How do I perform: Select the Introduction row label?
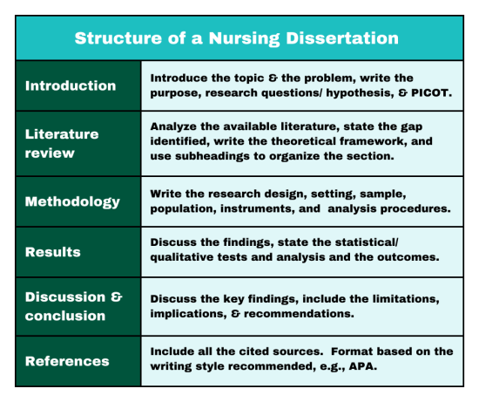pos(70,85)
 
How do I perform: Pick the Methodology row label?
pos(72,201)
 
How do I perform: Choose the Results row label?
pos(52,252)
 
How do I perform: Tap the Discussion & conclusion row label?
pos(73,305)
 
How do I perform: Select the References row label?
pos(66,361)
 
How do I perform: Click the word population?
pos(182,209)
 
